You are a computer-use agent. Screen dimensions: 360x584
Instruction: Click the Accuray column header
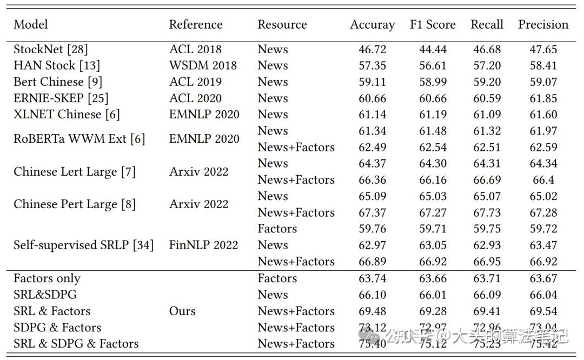372,25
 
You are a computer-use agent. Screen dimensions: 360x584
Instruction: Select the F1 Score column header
433,25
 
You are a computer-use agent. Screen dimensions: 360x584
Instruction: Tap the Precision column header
543,25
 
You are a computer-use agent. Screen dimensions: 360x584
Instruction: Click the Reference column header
195,25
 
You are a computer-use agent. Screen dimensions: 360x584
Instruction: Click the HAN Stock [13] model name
57,65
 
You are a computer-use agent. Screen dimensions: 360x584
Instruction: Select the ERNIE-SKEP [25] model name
61,98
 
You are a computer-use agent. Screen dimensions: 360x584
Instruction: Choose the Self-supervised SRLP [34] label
83,245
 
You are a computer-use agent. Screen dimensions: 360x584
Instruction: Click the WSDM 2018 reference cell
203,65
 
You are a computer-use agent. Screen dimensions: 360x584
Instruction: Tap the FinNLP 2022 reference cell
203,245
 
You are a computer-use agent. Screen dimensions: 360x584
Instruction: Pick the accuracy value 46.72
372,49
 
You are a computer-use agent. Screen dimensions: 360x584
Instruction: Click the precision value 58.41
543,65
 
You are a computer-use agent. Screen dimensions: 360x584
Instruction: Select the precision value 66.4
543,179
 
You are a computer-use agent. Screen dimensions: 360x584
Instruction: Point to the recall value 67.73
487,212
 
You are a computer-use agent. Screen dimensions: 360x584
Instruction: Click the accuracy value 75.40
372,344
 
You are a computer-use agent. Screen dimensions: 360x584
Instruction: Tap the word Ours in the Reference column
182,311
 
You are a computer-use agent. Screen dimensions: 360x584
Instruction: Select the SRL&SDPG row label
45,295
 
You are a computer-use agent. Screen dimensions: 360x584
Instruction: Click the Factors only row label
47,279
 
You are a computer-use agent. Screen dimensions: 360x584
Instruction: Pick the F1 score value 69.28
433,311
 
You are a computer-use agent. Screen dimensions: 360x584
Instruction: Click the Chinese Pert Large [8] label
74,204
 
